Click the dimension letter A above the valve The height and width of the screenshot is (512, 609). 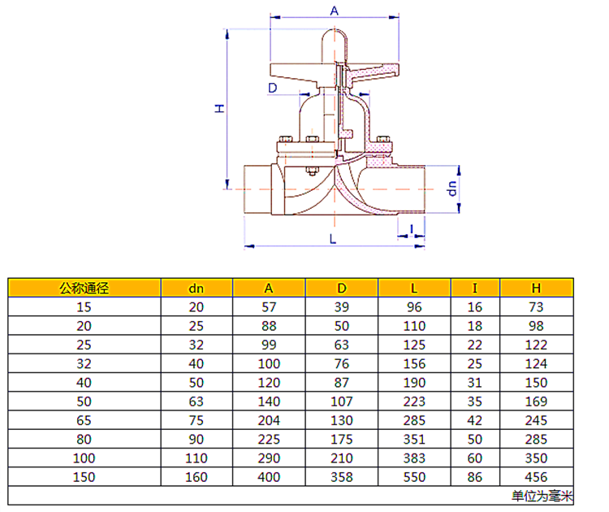click(334, 11)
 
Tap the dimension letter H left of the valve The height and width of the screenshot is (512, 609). click(220, 108)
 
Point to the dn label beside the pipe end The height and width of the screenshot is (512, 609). click(451, 189)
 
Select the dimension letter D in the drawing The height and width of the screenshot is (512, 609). click(273, 88)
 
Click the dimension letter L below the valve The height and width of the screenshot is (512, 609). click(333, 239)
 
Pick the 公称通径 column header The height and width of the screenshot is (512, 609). click(84, 288)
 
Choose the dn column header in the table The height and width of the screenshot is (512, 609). click(197, 289)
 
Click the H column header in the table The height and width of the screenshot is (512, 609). click(536, 288)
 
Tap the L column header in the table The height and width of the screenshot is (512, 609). click(414, 288)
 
